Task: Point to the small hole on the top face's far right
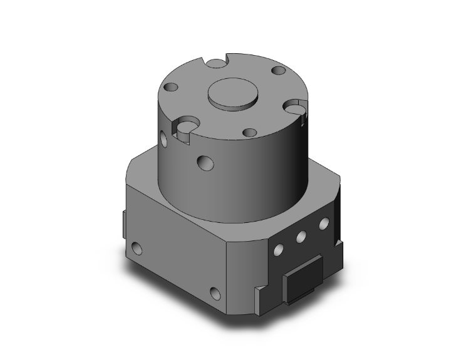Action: tap(276, 71)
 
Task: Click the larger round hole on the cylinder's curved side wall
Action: tap(204, 163)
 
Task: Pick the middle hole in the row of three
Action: tap(301, 236)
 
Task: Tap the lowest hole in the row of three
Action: tap(276, 250)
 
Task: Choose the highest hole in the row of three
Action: tap(323, 223)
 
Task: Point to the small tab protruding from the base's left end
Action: tap(123, 222)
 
